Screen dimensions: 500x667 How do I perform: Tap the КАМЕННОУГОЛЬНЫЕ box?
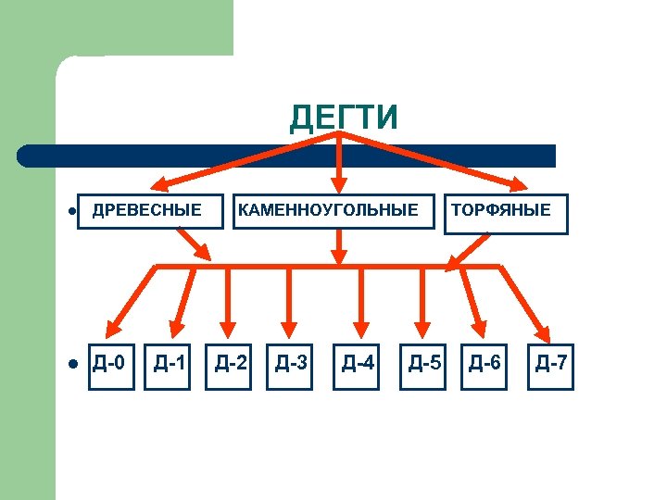pos(328,210)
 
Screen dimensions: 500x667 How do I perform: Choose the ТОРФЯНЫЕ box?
pos(500,210)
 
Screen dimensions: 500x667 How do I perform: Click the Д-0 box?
pos(111,362)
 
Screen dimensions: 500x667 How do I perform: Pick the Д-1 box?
pos(171,362)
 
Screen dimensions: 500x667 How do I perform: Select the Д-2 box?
pos(231,362)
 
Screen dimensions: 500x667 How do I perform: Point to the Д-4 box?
pos(358,362)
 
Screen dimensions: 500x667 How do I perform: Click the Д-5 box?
pos(424,362)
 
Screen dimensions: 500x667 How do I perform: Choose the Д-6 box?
pos(485,362)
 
